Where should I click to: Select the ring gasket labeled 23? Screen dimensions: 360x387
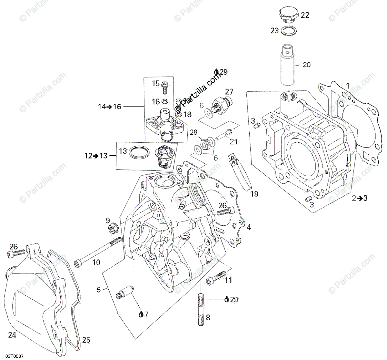tap(289, 31)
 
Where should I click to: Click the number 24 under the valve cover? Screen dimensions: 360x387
tap(12, 335)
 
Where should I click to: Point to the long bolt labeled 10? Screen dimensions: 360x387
tap(97, 252)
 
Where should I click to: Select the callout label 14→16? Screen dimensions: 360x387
tap(110, 107)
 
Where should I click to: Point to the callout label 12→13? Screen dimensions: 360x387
tap(96, 156)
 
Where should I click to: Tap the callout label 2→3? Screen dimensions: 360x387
tap(360, 198)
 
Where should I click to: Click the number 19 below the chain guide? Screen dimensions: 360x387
tap(254, 194)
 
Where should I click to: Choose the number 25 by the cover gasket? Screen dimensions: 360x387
tap(86, 340)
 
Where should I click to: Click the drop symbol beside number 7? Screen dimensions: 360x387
tap(141, 314)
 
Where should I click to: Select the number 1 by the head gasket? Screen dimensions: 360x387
tap(347, 86)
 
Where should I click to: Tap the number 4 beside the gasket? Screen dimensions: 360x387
tap(249, 227)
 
